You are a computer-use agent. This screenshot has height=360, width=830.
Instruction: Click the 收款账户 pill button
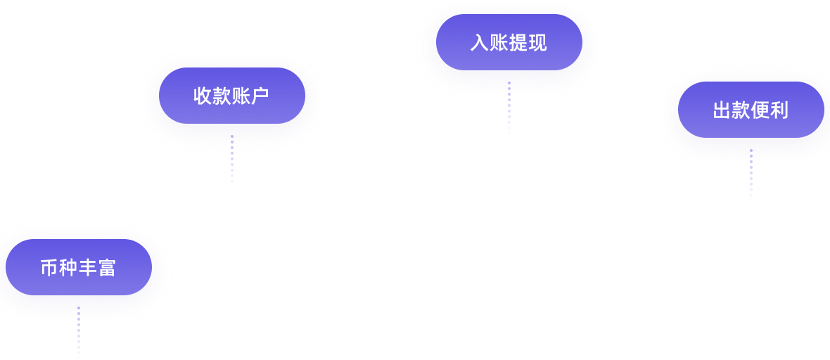point(232,96)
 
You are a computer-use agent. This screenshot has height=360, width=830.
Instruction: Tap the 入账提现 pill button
point(509,43)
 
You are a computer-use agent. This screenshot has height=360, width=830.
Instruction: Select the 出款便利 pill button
point(751,110)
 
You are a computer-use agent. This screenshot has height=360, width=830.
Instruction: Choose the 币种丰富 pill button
point(78,268)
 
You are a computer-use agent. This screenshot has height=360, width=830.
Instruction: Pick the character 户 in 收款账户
point(260,96)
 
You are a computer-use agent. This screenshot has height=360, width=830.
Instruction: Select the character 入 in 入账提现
point(480,44)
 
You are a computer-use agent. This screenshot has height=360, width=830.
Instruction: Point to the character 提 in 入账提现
point(518,44)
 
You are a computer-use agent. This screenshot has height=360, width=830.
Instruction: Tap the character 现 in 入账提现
point(537,44)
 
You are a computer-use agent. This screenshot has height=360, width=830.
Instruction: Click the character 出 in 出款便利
point(722,111)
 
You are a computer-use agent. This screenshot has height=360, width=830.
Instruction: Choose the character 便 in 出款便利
point(760,111)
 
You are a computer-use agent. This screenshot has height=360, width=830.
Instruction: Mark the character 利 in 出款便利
point(779,111)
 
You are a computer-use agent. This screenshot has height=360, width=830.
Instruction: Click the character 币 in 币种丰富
point(49,269)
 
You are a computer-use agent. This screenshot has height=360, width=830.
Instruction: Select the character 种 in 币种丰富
point(68,269)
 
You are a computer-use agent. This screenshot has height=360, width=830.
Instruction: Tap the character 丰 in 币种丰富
point(87,269)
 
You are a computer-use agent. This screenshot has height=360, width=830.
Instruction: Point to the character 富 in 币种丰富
point(107,269)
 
